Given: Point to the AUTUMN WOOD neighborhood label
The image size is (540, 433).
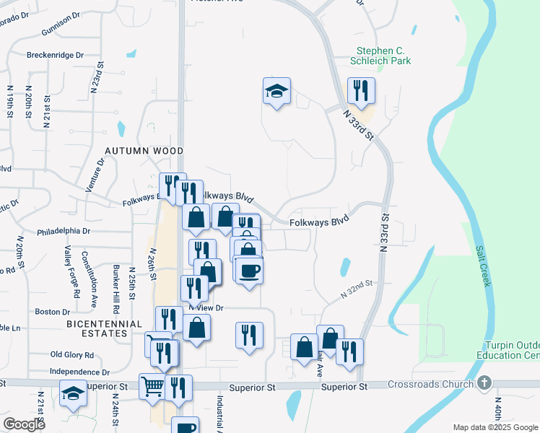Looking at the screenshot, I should (x=144, y=151).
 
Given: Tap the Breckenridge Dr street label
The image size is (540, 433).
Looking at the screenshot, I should (x=55, y=55).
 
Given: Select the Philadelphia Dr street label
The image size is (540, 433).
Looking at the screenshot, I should (x=64, y=232).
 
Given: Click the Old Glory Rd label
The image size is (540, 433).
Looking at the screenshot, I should (x=72, y=354).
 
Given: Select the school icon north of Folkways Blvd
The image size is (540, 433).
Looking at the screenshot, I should (x=276, y=92).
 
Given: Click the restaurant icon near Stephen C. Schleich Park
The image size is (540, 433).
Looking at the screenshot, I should (x=360, y=91).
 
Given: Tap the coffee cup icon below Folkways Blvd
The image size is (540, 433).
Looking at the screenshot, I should (x=250, y=271).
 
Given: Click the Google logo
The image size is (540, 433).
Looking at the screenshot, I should (x=25, y=424).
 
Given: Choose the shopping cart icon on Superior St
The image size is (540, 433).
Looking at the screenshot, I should (x=152, y=387).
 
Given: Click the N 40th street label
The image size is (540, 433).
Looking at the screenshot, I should (x=497, y=411).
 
